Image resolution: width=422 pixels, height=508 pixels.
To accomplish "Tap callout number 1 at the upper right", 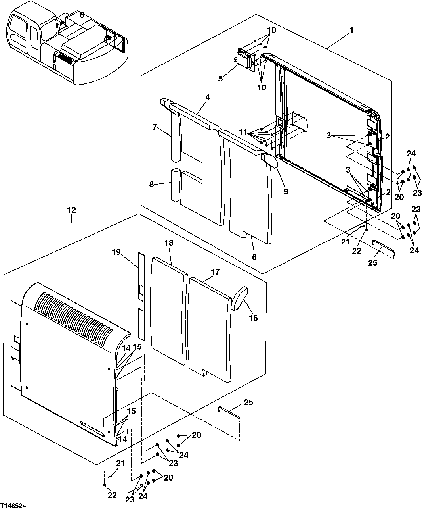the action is coord(351,30).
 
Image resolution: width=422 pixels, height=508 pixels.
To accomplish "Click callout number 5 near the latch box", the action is coord(220,78).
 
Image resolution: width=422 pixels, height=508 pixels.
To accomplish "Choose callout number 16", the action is coord(253,317).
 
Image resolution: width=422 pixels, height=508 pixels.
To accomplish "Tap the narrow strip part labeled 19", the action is coord(140,294).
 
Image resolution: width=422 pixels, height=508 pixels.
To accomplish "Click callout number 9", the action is coord(286,192).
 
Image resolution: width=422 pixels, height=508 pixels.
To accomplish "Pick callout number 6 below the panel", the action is coord(254,257).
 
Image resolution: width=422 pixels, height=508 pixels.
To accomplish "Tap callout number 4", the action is coord(207,97).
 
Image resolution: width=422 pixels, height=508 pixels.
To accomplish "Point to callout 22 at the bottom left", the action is coord(113,495).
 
